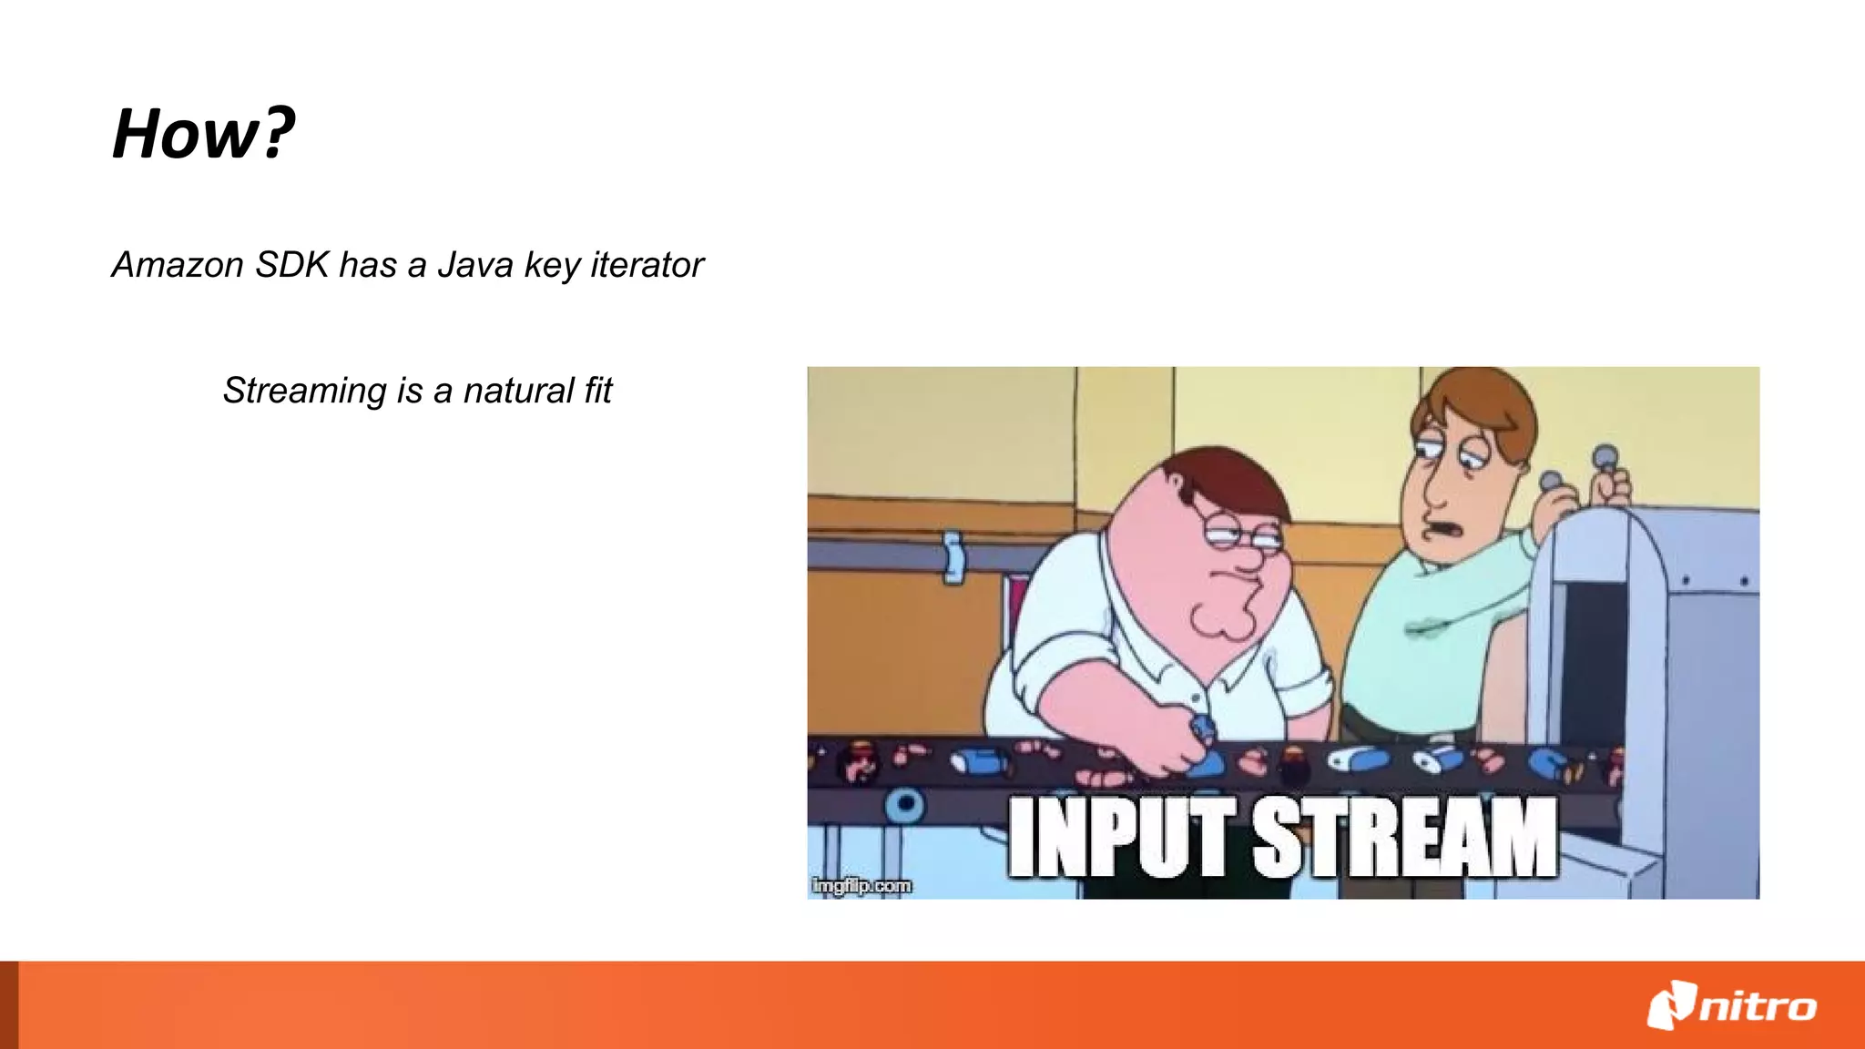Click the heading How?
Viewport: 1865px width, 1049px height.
coord(203,134)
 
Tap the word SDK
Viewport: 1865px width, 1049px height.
coord(291,265)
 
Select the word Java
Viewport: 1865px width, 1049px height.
coord(475,265)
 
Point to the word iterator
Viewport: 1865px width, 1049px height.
coord(647,265)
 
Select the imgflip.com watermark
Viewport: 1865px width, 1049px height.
coord(861,885)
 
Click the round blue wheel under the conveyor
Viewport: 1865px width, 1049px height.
coord(905,805)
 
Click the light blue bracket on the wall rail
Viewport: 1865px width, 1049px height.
coord(953,556)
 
